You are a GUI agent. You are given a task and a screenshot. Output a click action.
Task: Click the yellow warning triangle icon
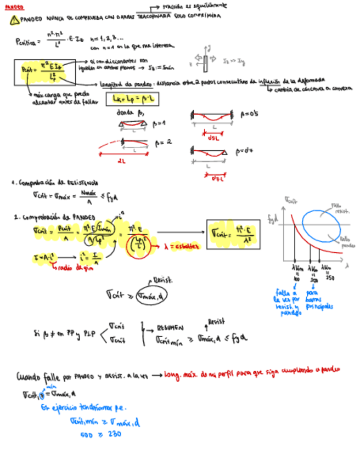click(x=14, y=20)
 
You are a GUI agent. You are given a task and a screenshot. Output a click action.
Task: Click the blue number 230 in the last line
click(x=114, y=434)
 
